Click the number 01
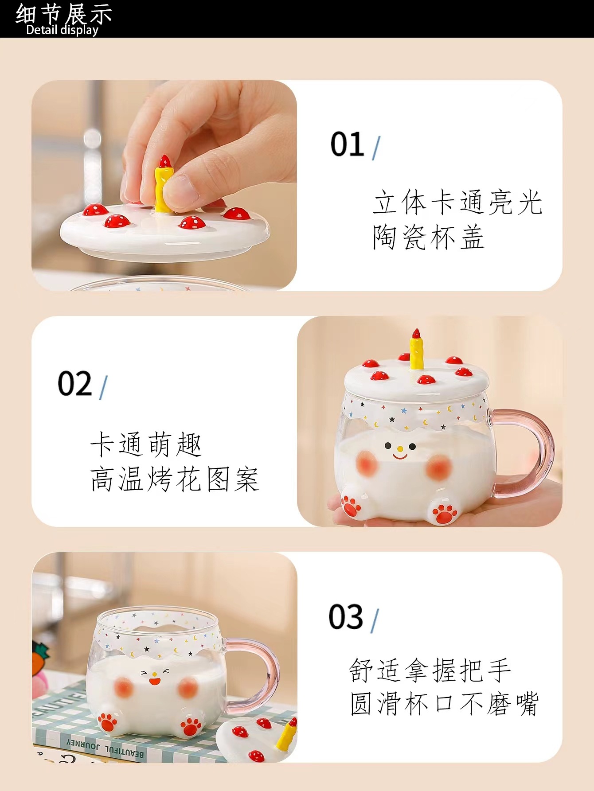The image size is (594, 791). (347, 144)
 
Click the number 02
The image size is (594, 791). (74, 384)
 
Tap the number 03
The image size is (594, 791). (345, 617)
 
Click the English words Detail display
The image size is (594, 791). (62, 30)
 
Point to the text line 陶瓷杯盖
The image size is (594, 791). (428, 238)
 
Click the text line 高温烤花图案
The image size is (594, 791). (175, 479)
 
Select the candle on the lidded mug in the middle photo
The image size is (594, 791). (416, 350)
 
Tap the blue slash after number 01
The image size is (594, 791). (376, 148)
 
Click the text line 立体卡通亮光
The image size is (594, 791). (457, 203)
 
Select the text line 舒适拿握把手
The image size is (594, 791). (430, 670)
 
